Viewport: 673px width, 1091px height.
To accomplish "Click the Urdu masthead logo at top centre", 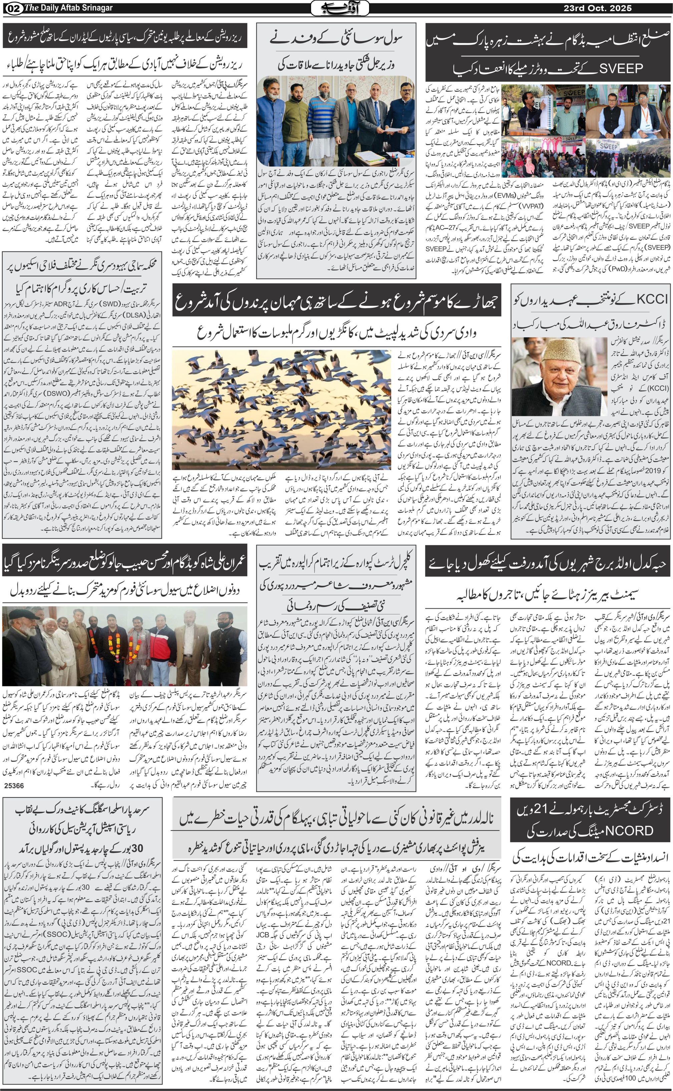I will (x=339, y=8).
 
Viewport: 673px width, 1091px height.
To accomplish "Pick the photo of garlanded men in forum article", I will (x=125, y=646).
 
